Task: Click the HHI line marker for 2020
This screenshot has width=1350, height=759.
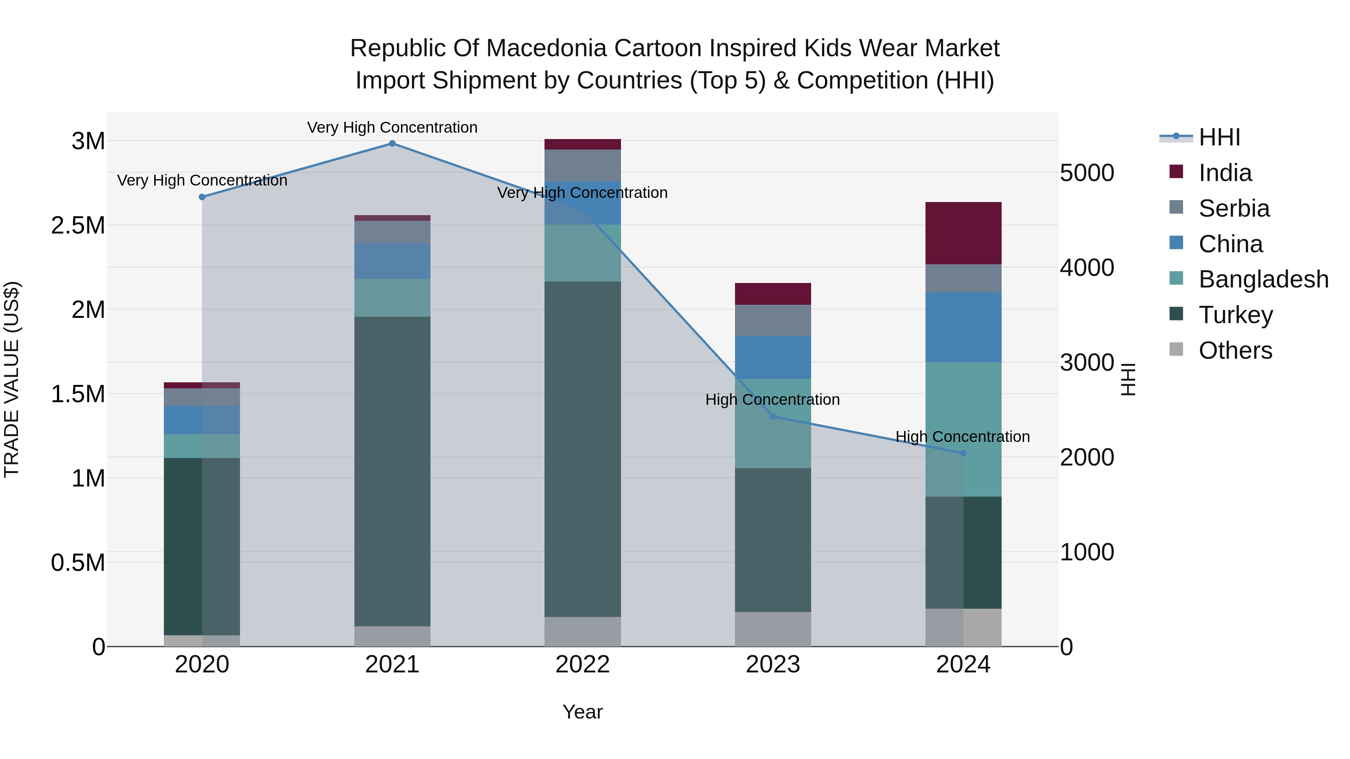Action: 202,197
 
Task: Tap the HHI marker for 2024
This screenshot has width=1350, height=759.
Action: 963,453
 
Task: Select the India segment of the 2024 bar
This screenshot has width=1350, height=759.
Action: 963,233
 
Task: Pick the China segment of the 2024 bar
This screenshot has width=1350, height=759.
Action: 963,327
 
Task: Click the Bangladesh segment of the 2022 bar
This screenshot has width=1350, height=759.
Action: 582,253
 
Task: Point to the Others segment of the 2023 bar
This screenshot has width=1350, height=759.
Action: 772,629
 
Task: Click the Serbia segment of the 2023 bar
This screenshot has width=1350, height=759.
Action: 772,320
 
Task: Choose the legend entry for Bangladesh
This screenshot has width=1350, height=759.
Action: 1263,279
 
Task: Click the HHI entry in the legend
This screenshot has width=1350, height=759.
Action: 1219,137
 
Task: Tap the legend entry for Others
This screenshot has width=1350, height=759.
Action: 1235,350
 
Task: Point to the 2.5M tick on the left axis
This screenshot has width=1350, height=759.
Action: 78,226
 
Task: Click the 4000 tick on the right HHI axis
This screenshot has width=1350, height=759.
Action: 1087,268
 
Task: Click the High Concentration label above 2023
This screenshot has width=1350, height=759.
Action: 772,400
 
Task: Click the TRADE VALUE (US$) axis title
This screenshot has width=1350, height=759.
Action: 12,379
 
